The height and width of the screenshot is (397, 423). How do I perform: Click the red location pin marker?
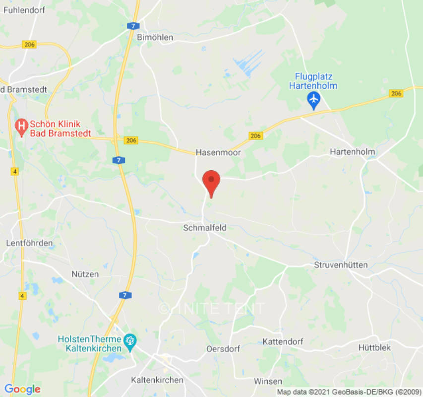[212, 181]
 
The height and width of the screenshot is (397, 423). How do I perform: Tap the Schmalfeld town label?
[205, 228]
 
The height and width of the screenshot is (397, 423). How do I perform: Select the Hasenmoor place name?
[218, 152]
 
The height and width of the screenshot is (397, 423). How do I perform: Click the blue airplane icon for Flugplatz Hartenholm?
[313, 100]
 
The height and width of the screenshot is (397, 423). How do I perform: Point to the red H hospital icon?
[21, 128]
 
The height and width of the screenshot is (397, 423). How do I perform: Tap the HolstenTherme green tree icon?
[130, 342]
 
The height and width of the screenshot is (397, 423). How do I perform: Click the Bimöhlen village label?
[155, 38]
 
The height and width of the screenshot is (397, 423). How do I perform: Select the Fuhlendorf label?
[23, 9]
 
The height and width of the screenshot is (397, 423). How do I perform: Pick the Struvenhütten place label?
[341, 265]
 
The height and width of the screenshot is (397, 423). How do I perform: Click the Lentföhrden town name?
[30, 243]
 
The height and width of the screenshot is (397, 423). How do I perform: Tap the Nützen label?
[85, 274]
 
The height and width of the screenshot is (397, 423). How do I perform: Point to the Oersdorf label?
[223, 349]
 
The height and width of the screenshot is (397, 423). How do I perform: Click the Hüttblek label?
[374, 348]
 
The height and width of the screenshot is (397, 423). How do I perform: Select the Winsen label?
[268, 381]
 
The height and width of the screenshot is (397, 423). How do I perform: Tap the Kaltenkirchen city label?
[157, 380]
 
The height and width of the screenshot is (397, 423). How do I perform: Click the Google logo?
[22, 389]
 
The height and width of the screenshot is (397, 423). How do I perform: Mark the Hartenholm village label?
[353, 152]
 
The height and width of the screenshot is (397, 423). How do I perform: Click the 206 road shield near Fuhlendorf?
[29, 45]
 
